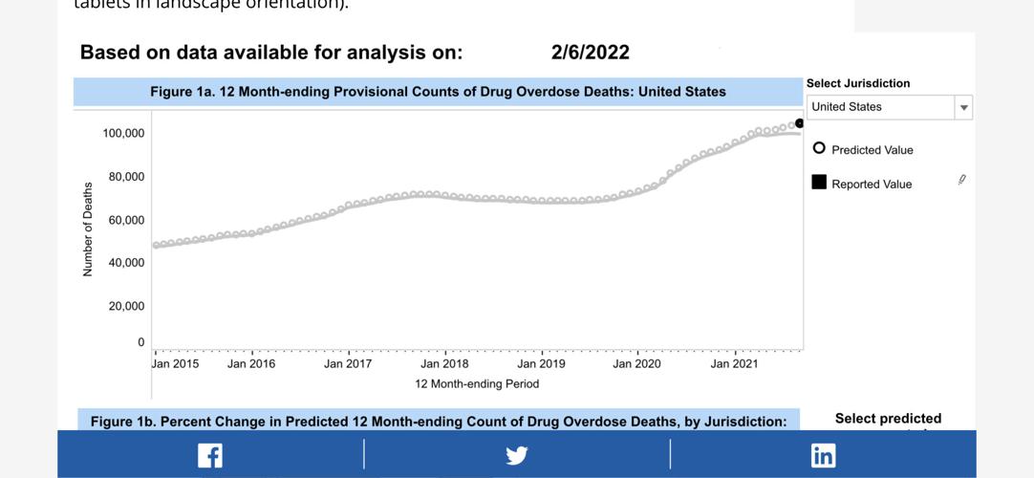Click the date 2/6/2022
tap(590, 53)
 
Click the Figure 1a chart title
tap(438, 92)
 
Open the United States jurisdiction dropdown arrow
tap(964, 108)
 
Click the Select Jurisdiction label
tap(858, 83)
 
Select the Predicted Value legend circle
tap(819, 149)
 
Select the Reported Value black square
tap(819, 183)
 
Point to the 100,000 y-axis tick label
tap(123, 133)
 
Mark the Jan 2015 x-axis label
tap(176, 364)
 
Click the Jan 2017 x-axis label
tap(348, 364)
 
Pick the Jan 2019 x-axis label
tap(541, 364)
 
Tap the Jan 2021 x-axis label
tap(734, 364)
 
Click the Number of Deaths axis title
tap(88, 229)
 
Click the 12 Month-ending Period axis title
tap(477, 384)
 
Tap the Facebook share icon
tap(210, 455)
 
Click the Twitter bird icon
tap(517, 455)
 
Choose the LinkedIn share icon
tap(823, 455)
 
